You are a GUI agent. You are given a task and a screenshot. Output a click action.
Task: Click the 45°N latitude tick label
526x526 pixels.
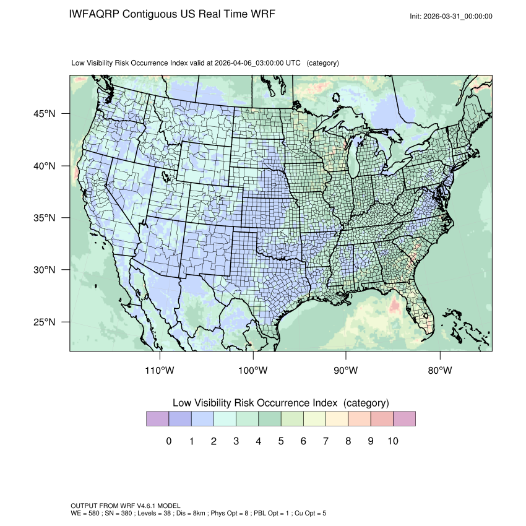[45, 114]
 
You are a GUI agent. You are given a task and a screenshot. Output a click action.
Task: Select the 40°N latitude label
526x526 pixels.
[45, 166]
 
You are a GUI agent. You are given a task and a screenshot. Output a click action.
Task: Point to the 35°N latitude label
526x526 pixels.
[45, 218]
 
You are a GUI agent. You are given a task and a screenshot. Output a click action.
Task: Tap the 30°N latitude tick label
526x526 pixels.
[45, 270]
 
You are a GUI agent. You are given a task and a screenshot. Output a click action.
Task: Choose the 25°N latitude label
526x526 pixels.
[45, 322]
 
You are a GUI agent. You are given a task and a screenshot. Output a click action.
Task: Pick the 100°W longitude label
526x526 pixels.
[253, 371]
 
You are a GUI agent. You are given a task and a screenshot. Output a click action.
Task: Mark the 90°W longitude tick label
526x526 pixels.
[346, 371]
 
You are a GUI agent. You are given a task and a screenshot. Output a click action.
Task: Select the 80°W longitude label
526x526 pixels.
[439, 371]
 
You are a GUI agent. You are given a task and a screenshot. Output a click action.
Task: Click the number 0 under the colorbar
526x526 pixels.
[168, 441]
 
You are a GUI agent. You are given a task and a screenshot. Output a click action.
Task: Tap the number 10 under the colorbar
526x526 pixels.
[393, 441]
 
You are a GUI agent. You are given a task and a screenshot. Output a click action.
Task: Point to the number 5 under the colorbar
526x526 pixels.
[281, 441]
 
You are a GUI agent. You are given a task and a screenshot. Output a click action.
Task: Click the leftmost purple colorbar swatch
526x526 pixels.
[157, 419]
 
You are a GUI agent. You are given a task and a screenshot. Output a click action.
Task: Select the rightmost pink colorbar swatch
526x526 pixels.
[404, 419]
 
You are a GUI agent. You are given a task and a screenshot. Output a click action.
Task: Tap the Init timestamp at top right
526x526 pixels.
[451, 16]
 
